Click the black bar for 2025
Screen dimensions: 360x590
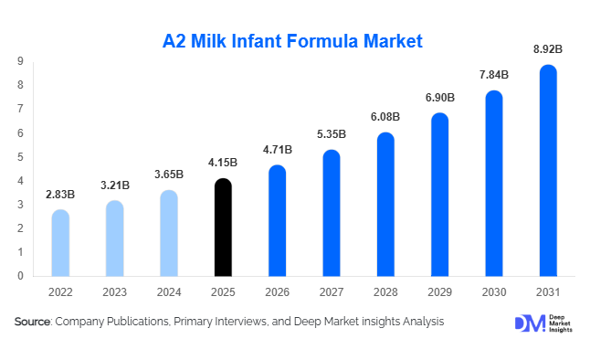tap(223, 228)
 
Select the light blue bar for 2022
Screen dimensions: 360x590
tap(60, 243)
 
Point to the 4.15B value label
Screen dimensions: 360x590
tap(223, 163)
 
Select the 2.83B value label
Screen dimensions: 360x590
tap(60, 194)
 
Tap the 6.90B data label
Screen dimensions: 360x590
tap(439, 97)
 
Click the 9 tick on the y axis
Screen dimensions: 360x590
tap(19, 61)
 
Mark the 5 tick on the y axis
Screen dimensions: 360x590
tap(19, 156)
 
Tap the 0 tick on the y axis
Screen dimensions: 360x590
tap(19, 275)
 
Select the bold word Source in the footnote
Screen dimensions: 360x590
tap(31, 322)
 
